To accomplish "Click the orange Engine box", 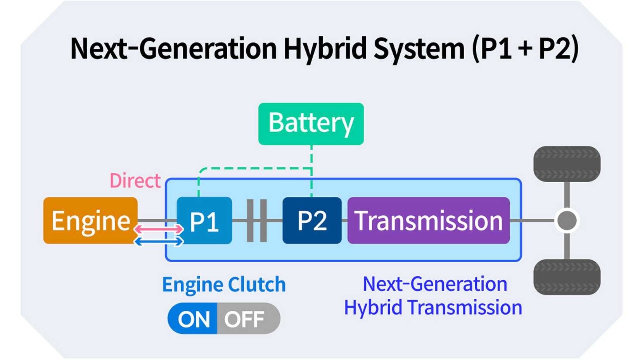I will tap(90, 220).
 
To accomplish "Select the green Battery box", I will tap(311, 124).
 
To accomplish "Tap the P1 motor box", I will tap(204, 221).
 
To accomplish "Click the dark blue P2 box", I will tap(312, 221).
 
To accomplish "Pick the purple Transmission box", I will tap(428, 221).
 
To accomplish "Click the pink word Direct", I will tap(135, 181).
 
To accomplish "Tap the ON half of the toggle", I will tap(193, 319).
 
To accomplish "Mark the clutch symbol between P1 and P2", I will tap(257, 221).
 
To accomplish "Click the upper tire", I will tap(567, 164).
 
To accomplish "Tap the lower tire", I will tap(567, 277).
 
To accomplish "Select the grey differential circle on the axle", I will tap(567, 221).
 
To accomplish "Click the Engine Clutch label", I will tap(224, 285).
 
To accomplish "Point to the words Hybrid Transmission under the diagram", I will tap(433, 308).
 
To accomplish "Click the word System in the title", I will tap(419, 49).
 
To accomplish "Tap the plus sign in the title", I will tap(525, 50).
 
